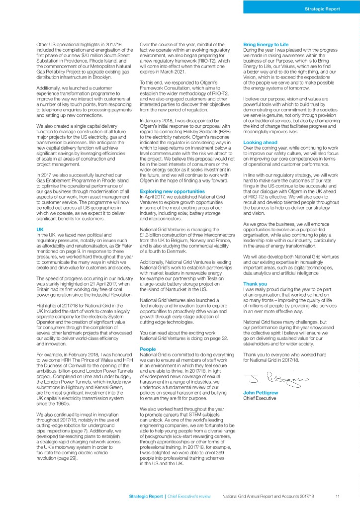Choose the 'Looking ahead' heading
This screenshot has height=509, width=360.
point(259,142)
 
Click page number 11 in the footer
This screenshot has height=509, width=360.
point(337,496)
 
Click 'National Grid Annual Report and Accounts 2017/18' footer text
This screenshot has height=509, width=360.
point(271,496)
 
